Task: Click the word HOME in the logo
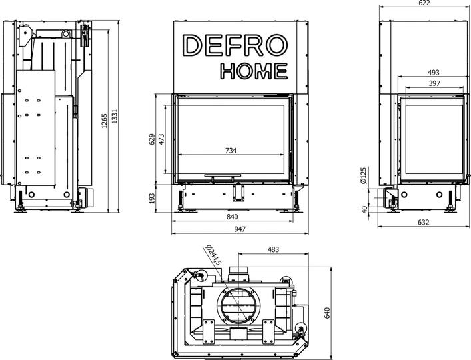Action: click(x=254, y=71)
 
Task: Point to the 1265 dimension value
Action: click(x=103, y=125)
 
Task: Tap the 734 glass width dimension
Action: click(x=231, y=151)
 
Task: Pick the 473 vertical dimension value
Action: click(x=163, y=141)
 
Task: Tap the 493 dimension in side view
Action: click(x=433, y=72)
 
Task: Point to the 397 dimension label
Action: click(x=434, y=83)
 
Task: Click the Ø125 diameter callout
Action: click(x=364, y=176)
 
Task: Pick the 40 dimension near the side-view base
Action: click(x=364, y=209)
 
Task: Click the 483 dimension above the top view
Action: click(x=273, y=249)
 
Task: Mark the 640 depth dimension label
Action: click(x=327, y=313)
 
